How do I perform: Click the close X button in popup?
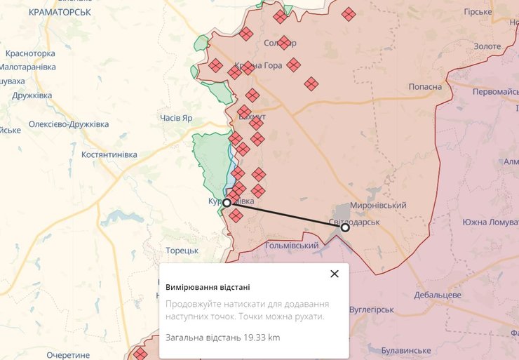[335, 274]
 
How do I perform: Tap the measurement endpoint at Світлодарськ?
[345, 227]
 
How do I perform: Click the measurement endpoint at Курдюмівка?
[227, 202]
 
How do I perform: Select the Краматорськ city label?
[60, 12]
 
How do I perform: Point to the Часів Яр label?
[175, 118]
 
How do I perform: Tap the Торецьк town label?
[182, 251]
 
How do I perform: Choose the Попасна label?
[426, 86]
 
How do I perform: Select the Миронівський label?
[378, 205]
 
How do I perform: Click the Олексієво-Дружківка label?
[69, 124]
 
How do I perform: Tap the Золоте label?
[487, 46]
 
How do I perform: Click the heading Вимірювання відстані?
[208, 287]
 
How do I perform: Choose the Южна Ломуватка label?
[490, 222]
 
